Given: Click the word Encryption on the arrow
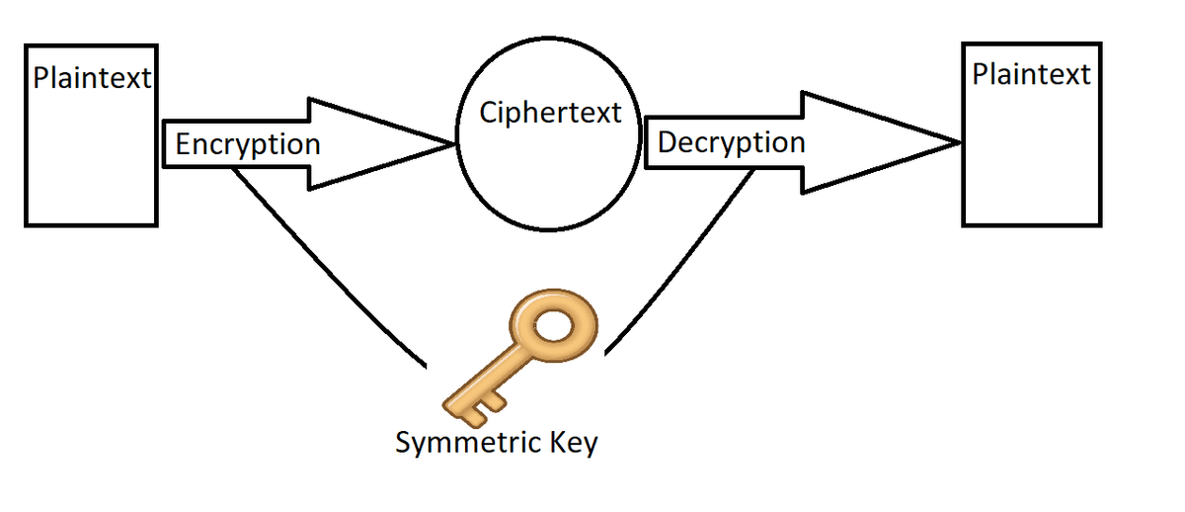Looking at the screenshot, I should [x=248, y=144].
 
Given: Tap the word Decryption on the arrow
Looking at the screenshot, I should [x=731, y=142].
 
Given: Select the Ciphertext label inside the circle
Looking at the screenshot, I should [x=550, y=113].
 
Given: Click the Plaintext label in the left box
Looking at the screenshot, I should [x=92, y=78].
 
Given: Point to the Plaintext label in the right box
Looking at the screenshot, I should [x=1031, y=74].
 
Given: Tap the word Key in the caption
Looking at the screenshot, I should [x=575, y=442].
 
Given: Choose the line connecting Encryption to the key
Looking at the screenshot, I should [x=326, y=262].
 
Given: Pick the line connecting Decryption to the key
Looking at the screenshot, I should [x=681, y=262].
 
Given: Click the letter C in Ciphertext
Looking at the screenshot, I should [x=488, y=113].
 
